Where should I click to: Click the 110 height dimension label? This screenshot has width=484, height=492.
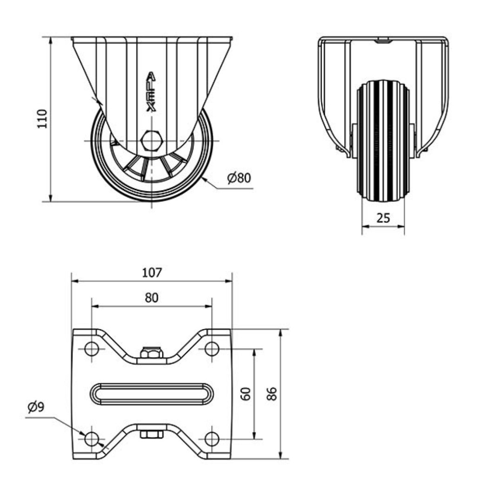point(42,119)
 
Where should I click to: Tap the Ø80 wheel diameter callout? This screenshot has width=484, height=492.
point(239,178)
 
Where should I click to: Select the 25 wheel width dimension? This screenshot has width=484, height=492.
point(383,218)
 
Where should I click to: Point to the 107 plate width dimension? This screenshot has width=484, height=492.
point(152,272)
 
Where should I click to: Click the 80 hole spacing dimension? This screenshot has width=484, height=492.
point(152,298)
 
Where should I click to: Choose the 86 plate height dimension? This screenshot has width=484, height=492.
point(273,394)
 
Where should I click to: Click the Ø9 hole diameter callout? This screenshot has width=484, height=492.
point(36,408)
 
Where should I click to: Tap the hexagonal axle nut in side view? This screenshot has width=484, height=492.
point(152,140)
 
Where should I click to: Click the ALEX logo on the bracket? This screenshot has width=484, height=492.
point(151,92)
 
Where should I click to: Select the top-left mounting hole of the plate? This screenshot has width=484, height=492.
point(92,349)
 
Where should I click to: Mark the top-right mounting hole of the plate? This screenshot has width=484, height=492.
point(212,349)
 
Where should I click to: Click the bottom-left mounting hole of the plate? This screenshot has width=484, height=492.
point(92,438)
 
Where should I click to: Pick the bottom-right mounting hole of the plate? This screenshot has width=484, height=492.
point(212,438)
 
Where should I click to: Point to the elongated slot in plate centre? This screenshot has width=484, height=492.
point(152,394)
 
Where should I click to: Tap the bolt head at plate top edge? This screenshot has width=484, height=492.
point(152,353)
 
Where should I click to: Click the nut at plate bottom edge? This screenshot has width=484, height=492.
point(152,434)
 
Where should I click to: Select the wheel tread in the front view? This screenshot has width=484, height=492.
point(383,142)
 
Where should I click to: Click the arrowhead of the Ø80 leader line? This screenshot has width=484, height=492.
point(204,179)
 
